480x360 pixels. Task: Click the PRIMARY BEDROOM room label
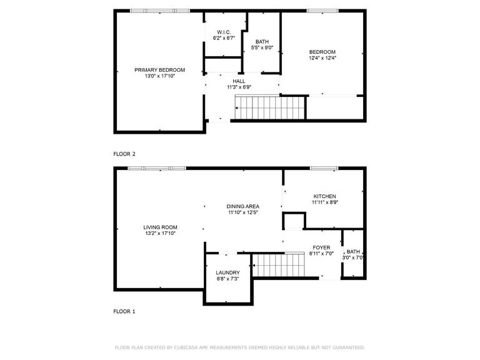point(160,70)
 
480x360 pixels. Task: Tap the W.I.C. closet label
point(224,32)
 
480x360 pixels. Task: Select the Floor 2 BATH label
point(262,42)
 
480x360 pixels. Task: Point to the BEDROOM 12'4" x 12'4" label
point(322,52)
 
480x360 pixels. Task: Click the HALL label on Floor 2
point(239,81)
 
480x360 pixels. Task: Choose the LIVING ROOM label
point(160,227)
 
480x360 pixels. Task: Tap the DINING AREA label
point(243,206)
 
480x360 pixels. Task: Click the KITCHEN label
point(324,196)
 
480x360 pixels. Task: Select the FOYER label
point(321,247)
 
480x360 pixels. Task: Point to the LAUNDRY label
point(228,272)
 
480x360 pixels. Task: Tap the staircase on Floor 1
point(276,264)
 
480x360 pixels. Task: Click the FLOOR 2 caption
point(124,153)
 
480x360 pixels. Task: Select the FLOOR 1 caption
point(124,311)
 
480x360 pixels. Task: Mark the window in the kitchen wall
point(324,168)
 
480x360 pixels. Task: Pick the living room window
point(161,168)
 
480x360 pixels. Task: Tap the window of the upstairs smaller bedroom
point(322,11)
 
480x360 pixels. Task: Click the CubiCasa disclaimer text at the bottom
point(240,347)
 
